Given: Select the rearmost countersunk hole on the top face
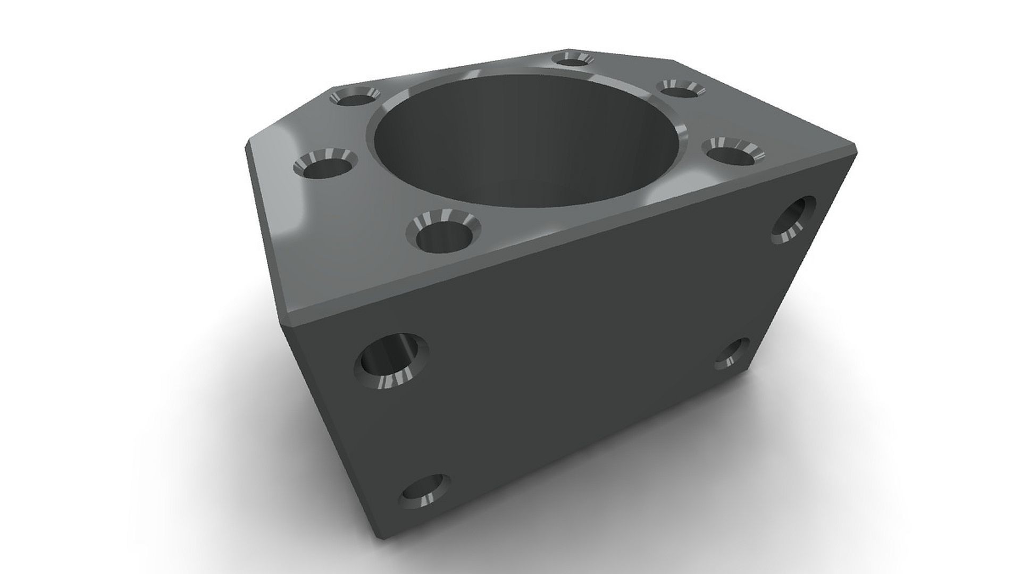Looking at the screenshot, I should coord(572,59).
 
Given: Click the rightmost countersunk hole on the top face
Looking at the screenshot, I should coord(733,153).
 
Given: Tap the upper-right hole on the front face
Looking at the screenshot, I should coord(792,220).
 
